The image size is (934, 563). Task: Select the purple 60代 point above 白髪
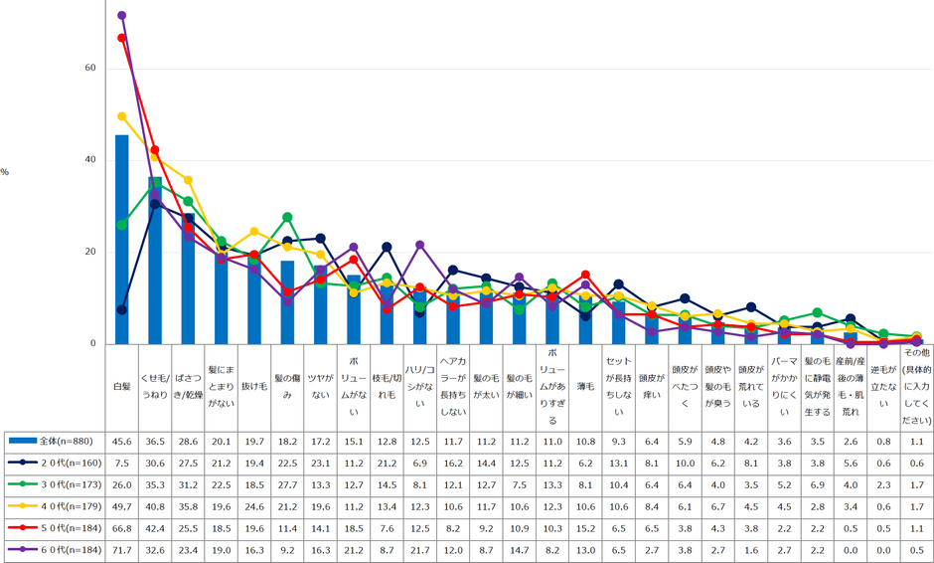tap(121, 15)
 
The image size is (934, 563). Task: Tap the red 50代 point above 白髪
tap(121, 38)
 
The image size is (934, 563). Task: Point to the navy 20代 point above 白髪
tap(121, 309)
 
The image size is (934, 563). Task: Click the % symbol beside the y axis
tap(5, 172)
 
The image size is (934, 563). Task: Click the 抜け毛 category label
tap(253, 385)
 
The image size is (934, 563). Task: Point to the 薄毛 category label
tap(585, 385)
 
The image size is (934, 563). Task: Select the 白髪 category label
tap(121, 385)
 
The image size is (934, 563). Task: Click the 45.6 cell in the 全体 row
tap(121, 440)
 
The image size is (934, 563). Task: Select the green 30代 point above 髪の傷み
tap(287, 217)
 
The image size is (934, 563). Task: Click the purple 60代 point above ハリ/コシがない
tap(419, 245)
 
